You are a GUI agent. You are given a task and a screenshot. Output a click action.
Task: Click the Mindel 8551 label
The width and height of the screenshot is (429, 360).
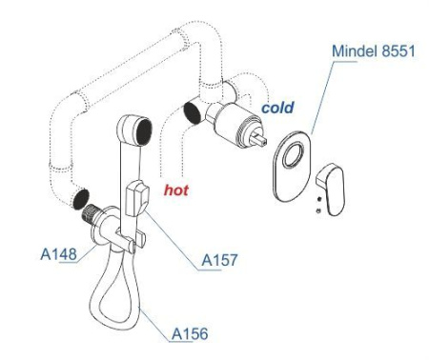point(374,50)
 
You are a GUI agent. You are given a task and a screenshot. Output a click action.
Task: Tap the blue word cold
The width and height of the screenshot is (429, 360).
point(277,108)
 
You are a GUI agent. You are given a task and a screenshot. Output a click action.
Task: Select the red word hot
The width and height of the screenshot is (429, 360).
point(176,190)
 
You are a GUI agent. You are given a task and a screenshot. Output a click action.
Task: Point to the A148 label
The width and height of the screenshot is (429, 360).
point(59,254)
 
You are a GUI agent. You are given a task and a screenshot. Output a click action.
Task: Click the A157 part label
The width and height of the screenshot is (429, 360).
point(219,260)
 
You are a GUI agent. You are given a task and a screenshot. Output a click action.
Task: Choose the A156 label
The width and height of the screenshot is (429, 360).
point(190,333)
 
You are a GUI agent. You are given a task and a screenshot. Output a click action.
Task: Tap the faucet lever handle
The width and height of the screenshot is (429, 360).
point(332,189)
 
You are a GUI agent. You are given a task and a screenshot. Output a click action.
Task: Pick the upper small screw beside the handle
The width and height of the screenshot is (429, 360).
point(319,199)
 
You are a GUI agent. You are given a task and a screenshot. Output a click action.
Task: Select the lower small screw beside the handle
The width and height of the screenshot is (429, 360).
point(318,210)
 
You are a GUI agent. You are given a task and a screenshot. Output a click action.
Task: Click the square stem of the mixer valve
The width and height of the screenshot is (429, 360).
point(259,139)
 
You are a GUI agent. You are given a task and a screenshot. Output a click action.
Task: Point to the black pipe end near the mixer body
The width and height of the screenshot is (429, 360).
point(193,112)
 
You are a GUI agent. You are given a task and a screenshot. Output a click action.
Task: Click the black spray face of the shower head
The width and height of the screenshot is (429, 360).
point(144,132)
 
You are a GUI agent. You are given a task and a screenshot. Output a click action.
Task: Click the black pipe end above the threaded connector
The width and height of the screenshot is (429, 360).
point(80,199)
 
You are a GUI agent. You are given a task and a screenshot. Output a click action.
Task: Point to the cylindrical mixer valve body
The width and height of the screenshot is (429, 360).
point(235,125)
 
